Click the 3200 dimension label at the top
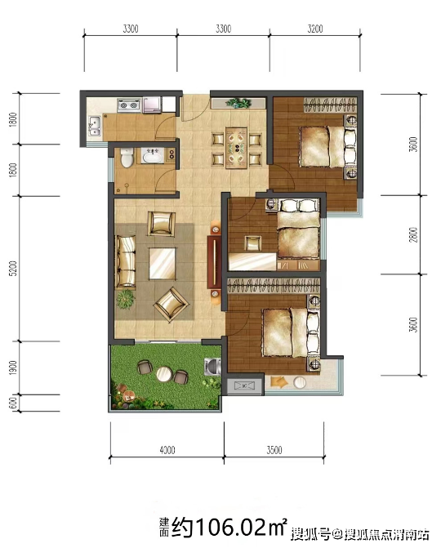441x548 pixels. (315, 29)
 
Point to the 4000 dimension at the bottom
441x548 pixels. (167, 449)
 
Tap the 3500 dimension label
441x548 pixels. (274, 449)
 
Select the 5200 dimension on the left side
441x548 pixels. (12, 269)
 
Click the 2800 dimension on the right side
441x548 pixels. (413, 234)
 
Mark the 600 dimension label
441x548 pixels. (13, 403)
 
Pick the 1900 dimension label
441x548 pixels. (13, 368)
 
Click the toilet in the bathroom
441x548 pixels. (127, 157)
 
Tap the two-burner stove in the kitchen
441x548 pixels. (128, 105)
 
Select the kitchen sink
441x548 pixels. (94, 126)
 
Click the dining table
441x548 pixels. (237, 148)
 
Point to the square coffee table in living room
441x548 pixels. (163, 263)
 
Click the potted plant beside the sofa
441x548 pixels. (126, 299)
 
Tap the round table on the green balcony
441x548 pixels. (163, 374)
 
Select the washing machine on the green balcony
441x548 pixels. (212, 367)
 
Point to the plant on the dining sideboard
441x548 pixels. (238, 103)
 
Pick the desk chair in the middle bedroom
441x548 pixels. (252, 243)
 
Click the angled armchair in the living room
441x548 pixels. (171, 304)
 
